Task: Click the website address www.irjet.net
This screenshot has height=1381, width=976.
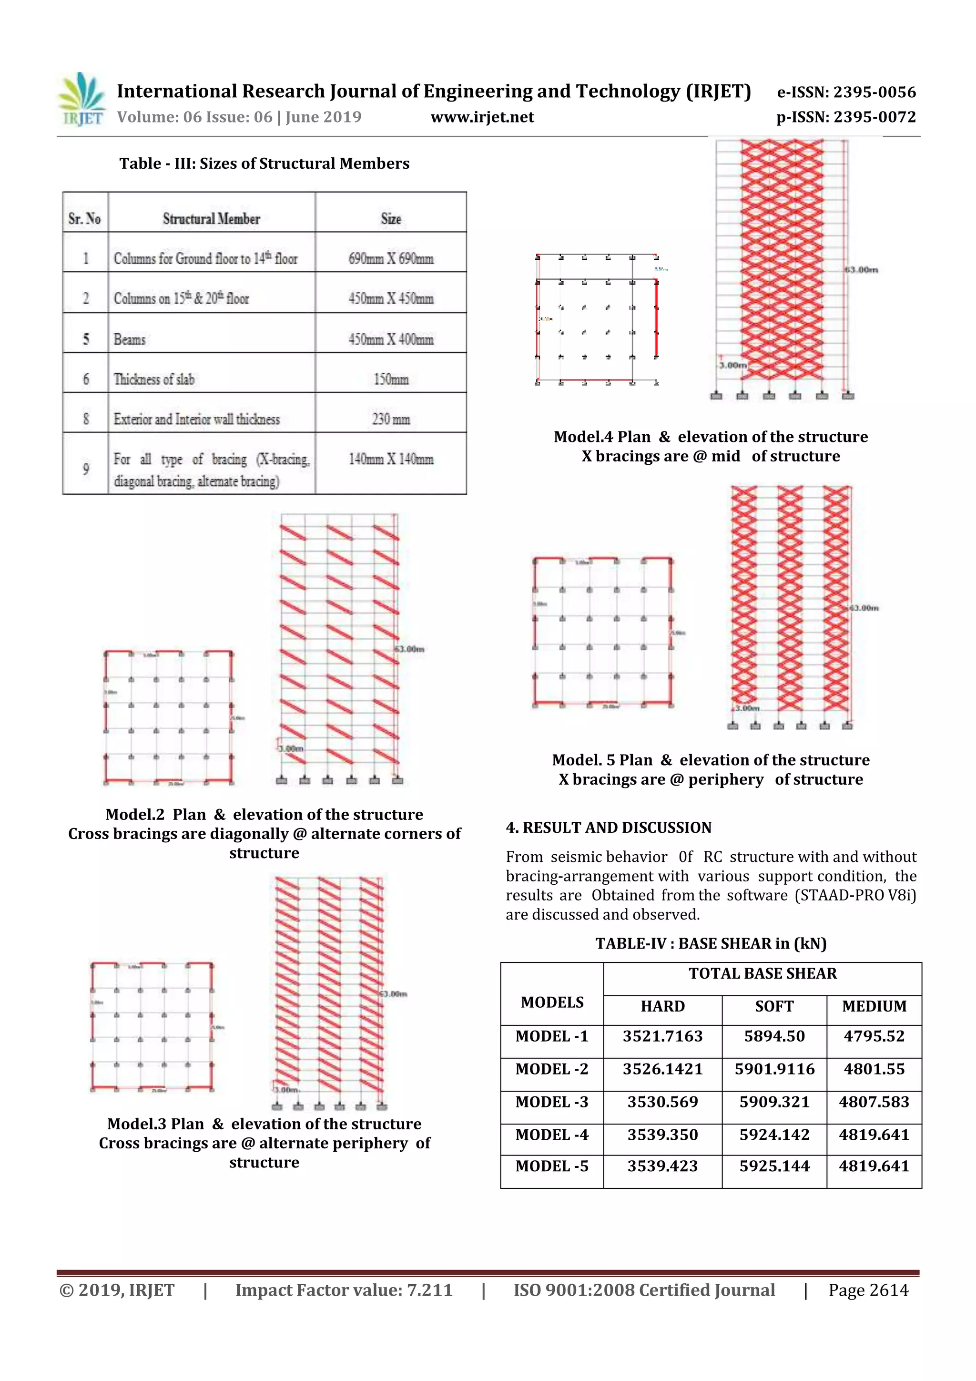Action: [x=482, y=117]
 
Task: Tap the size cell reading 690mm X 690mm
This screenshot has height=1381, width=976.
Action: [x=391, y=259]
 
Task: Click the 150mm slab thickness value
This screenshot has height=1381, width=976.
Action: [x=391, y=379]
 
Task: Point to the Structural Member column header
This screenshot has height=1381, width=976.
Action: [x=211, y=219]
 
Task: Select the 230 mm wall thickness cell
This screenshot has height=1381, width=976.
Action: [x=391, y=419]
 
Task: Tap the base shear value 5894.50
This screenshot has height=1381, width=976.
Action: [x=774, y=1036]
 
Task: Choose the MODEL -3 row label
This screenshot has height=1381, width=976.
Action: [x=551, y=1102]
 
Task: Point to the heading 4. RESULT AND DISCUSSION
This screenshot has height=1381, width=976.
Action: [x=608, y=828]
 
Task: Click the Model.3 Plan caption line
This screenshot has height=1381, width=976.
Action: [x=264, y=1124]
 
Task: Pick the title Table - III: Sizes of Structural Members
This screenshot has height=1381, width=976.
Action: [x=264, y=164]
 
